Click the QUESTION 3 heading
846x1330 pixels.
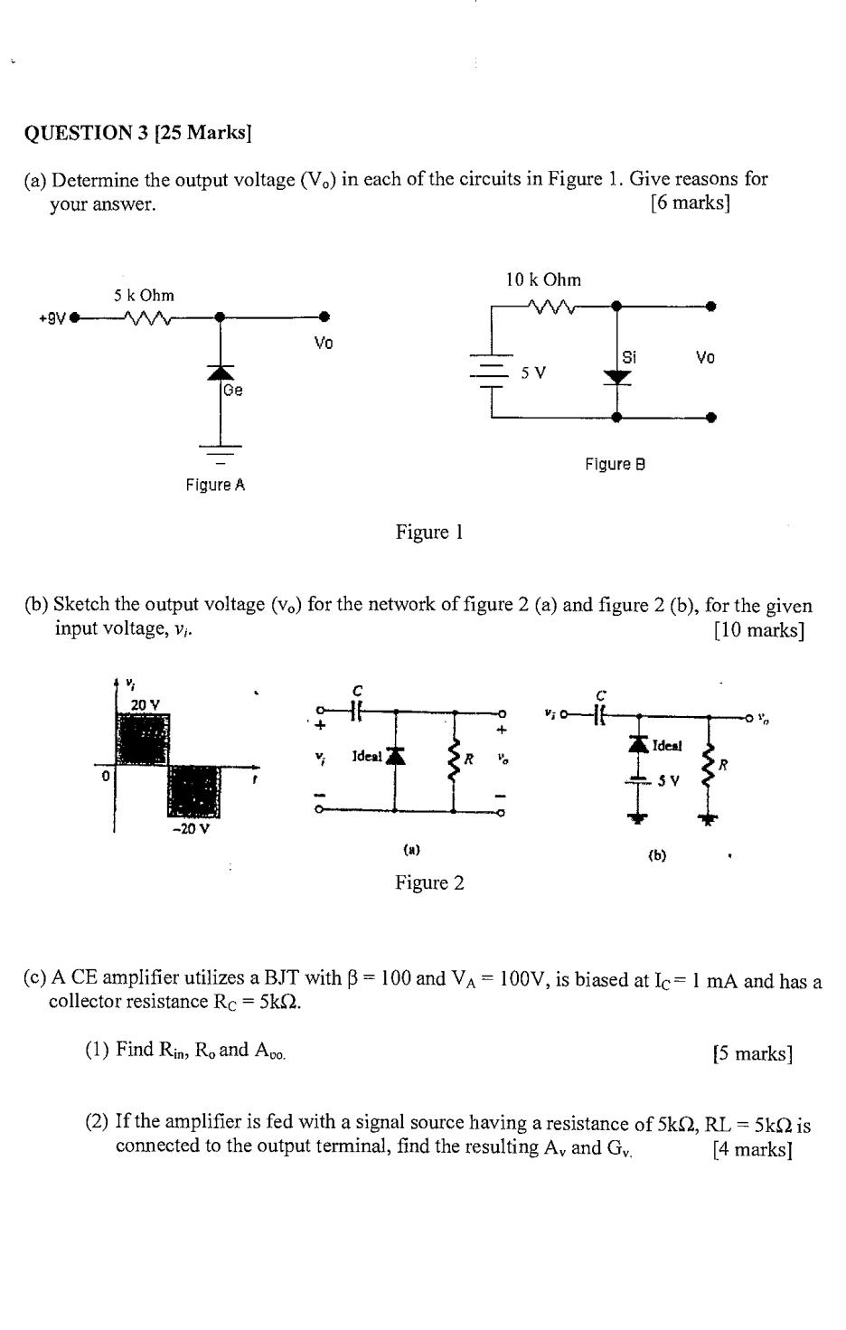point(137,133)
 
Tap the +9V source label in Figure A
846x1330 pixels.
point(52,317)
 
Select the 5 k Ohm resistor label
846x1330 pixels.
point(144,296)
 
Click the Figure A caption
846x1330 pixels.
point(215,485)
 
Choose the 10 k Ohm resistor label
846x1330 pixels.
point(543,280)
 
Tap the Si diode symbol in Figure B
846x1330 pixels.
point(617,375)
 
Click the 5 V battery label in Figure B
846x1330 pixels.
point(533,373)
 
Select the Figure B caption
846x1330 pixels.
point(615,464)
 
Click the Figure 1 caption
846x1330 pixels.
point(429,532)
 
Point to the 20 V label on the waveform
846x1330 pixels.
point(145,704)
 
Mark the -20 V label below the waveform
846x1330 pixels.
point(191,828)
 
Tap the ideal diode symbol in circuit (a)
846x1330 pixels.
point(393,755)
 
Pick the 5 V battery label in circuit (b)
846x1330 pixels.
point(668,780)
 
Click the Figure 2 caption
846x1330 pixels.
point(429,882)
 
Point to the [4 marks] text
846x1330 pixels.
point(752,1148)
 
